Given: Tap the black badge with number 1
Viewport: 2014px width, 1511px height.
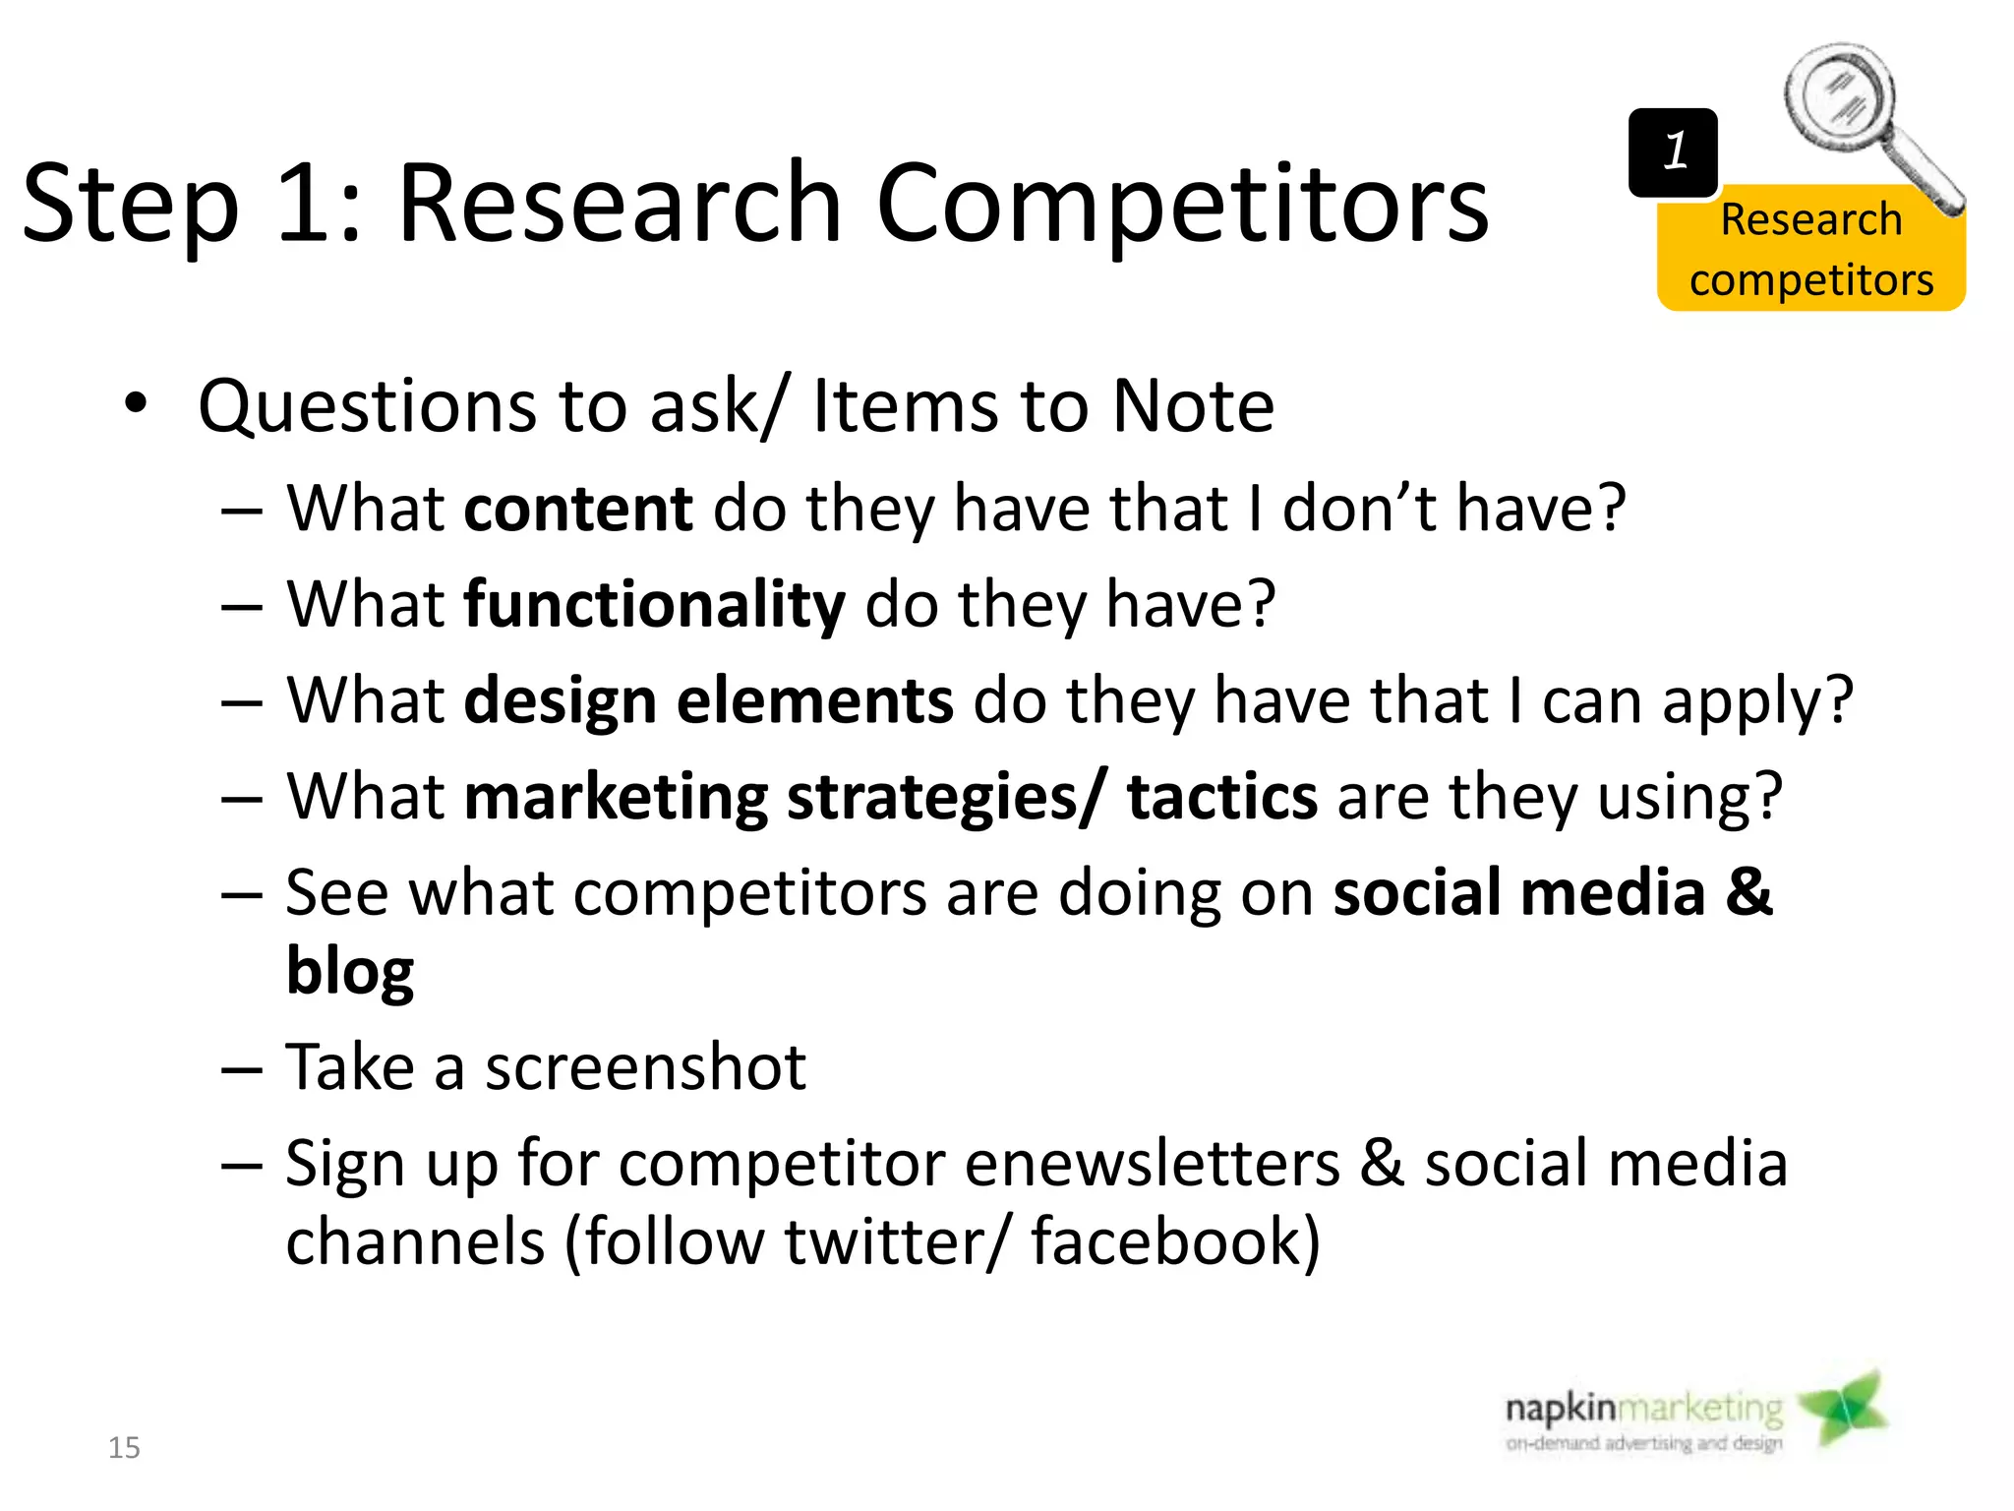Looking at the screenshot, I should (1673, 152).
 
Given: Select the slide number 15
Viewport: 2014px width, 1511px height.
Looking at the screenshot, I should (124, 1447).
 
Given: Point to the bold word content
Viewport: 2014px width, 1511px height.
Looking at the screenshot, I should (578, 509).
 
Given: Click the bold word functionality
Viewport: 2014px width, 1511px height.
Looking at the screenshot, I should (654, 604).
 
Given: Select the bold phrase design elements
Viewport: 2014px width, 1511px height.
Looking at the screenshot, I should (708, 700).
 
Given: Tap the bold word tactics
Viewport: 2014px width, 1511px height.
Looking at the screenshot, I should (1221, 796).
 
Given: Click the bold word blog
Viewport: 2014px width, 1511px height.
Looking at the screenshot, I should (350, 971).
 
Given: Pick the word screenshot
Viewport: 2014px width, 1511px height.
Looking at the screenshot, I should (645, 1067).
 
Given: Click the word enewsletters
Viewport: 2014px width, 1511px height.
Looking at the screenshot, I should (1152, 1164).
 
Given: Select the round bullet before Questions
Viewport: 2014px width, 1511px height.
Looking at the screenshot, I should (136, 403).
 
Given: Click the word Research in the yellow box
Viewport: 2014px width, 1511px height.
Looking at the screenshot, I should (1810, 219).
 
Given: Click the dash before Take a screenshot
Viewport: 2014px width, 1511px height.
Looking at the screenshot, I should (242, 1068).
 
